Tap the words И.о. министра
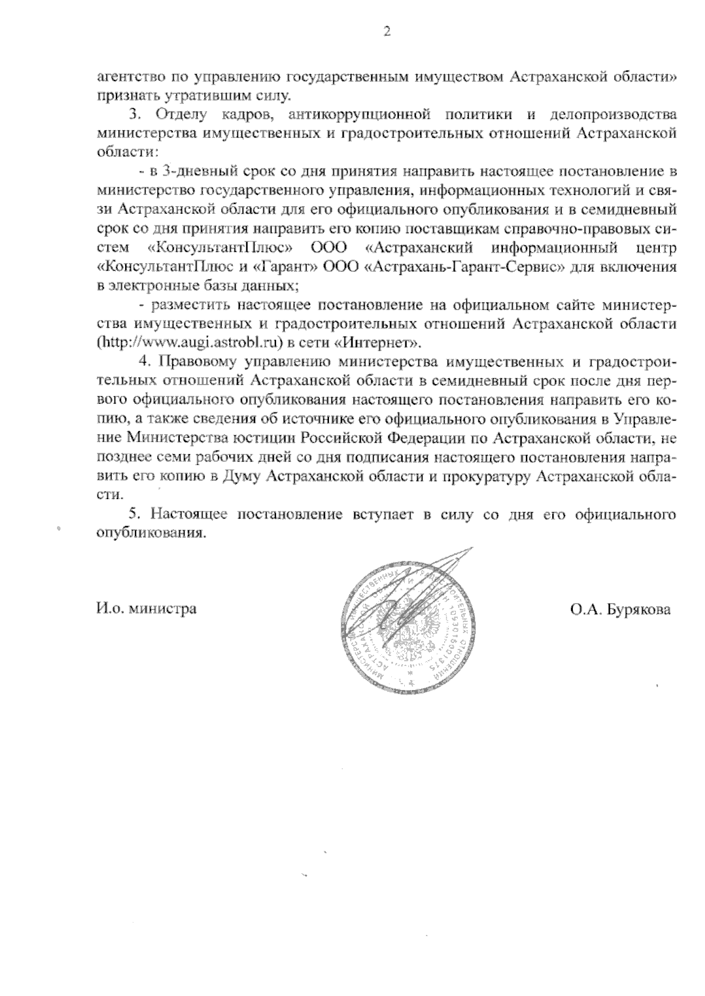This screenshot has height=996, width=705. click(146, 608)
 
